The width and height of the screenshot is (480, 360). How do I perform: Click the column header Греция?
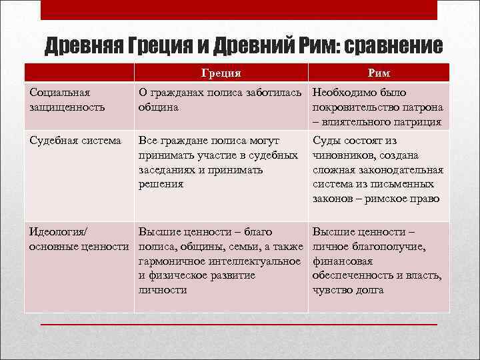221,73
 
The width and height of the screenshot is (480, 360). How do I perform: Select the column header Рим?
379,73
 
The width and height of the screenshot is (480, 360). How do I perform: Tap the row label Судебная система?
75,141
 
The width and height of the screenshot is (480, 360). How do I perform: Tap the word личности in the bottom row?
162,290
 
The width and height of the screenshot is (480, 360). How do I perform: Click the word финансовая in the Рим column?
343,261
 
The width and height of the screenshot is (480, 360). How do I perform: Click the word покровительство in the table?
359,107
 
